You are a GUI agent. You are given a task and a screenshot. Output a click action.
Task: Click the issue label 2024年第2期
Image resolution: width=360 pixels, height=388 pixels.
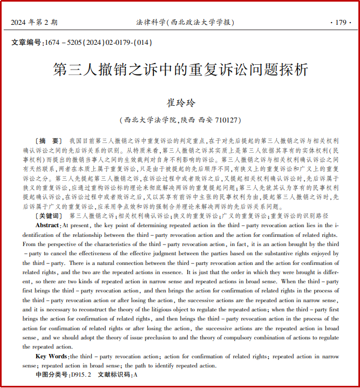coord(34,22)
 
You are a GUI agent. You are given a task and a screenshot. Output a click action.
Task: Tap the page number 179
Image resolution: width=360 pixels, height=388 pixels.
coord(340,22)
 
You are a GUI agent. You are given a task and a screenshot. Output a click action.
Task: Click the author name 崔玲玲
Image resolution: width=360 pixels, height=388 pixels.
coord(180,103)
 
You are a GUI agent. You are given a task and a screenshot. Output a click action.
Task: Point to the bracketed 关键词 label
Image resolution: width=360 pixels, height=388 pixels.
coord(47,215)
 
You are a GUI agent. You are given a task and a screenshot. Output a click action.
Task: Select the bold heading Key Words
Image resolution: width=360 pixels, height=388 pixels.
coord(51,356)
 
